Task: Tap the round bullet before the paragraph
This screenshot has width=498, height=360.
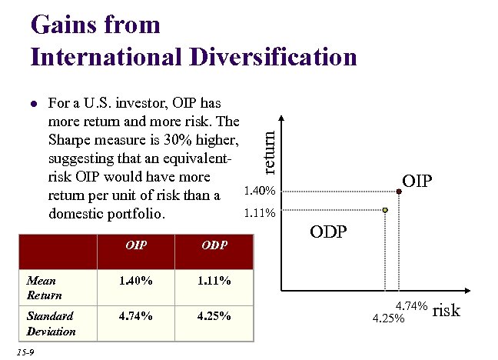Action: pyautogui.click(x=32, y=102)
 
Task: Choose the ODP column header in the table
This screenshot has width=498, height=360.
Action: pyautogui.click(x=213, y=246)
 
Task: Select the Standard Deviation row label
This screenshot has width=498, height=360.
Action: pyautogui.click(x=51, y=323)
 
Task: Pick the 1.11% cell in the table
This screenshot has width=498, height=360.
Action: pyautogui.click(x=213, y=281)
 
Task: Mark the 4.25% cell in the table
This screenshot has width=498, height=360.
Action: pyautogui.click(x=213, y=315)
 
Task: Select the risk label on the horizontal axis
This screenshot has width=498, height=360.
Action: pyautogui.click(x=446, y=310)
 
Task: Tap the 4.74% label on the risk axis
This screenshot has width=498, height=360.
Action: pyautogui.click(x=411, y=306)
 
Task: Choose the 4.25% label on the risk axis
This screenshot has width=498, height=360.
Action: pyautogui.click(x=388, y=318)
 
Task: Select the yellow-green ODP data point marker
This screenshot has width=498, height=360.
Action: pyautogui.click(x=386, y=209)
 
